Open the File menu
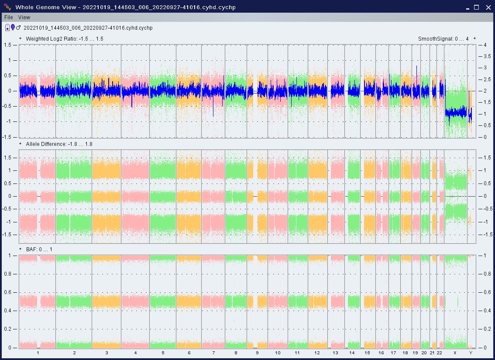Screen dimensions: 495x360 (9, 17)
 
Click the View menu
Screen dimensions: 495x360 (24, 17)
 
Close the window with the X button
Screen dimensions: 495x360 (488, 7)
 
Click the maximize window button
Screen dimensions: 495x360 (477, 7)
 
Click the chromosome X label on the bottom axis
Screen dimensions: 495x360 (455, 353)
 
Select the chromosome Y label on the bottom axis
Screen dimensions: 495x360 (471, 353)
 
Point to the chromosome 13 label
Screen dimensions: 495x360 (335, 353)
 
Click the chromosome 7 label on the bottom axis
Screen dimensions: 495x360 (213, 353)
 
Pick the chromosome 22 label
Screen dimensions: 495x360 (439, 353)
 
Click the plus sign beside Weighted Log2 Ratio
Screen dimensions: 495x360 (21, 38)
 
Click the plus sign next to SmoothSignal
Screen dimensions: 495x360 (474, 38)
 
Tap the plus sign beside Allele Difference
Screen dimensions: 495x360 (21, 144)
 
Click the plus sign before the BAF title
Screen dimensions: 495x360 (21, 249)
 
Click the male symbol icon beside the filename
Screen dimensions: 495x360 (18, 28)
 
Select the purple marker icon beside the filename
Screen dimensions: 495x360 (13, 28)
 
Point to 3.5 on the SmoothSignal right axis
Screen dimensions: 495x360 (487, 56)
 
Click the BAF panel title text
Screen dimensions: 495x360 (39, 249)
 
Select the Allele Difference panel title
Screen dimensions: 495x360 (59, 144)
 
